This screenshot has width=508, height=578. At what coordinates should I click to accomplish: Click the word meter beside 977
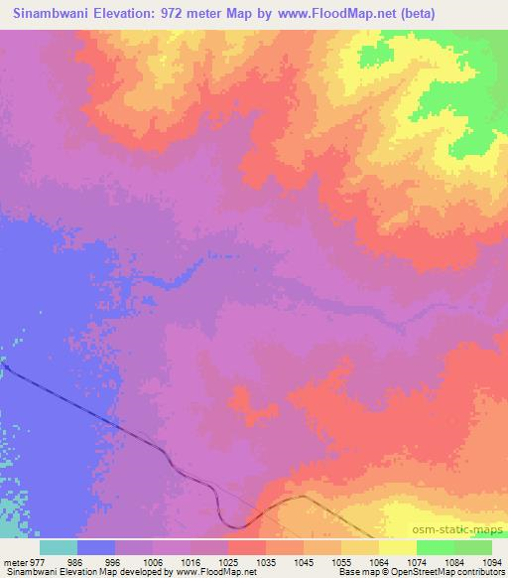(19, 562)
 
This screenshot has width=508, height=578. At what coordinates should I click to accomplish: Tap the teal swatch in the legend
(59, 547)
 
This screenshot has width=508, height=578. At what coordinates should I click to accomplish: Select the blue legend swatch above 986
(96, 547)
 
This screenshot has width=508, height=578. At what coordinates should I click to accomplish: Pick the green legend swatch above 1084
(435, 547)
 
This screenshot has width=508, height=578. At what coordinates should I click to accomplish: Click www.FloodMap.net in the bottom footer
(207, 573)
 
